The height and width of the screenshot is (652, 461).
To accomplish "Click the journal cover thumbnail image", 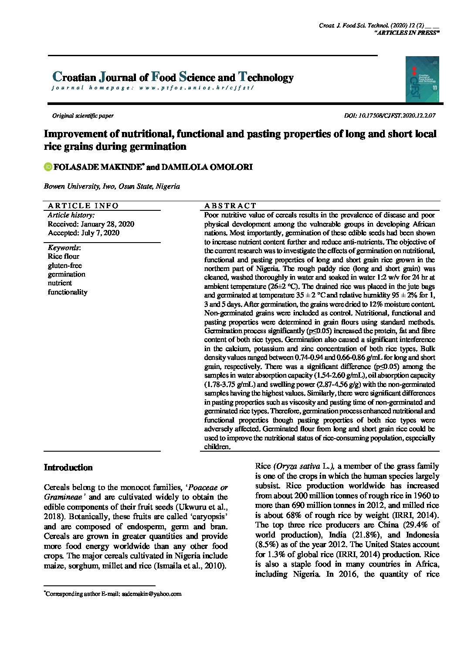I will [x=422, y=79].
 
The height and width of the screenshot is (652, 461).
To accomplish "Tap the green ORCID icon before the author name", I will [x=48, y=167].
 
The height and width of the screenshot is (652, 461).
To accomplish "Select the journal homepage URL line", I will [x=152, y=88].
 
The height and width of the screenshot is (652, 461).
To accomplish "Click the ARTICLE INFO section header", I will [x=83, y=206].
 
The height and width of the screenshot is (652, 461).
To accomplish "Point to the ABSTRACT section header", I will [x=230, y=206].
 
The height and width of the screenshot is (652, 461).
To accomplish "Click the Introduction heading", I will [x=68, y=468].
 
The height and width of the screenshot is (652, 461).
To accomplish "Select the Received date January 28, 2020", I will [x=91, y=224].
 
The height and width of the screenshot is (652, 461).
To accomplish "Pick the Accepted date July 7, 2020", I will [x=83, y=233].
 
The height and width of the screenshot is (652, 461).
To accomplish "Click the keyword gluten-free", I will [x=65, y=265].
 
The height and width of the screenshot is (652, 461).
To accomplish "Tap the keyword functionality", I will [x=68, y=292].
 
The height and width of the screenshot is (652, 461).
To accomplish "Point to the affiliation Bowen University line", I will [x=112, y=186].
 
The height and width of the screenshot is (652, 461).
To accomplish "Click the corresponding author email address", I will [x=152, y=594].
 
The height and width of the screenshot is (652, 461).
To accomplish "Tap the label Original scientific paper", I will [x=83, y=116].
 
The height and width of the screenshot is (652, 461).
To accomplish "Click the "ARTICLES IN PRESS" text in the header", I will [x=407, y=34].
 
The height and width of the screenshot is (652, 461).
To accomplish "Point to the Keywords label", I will [x=64, y=248].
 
